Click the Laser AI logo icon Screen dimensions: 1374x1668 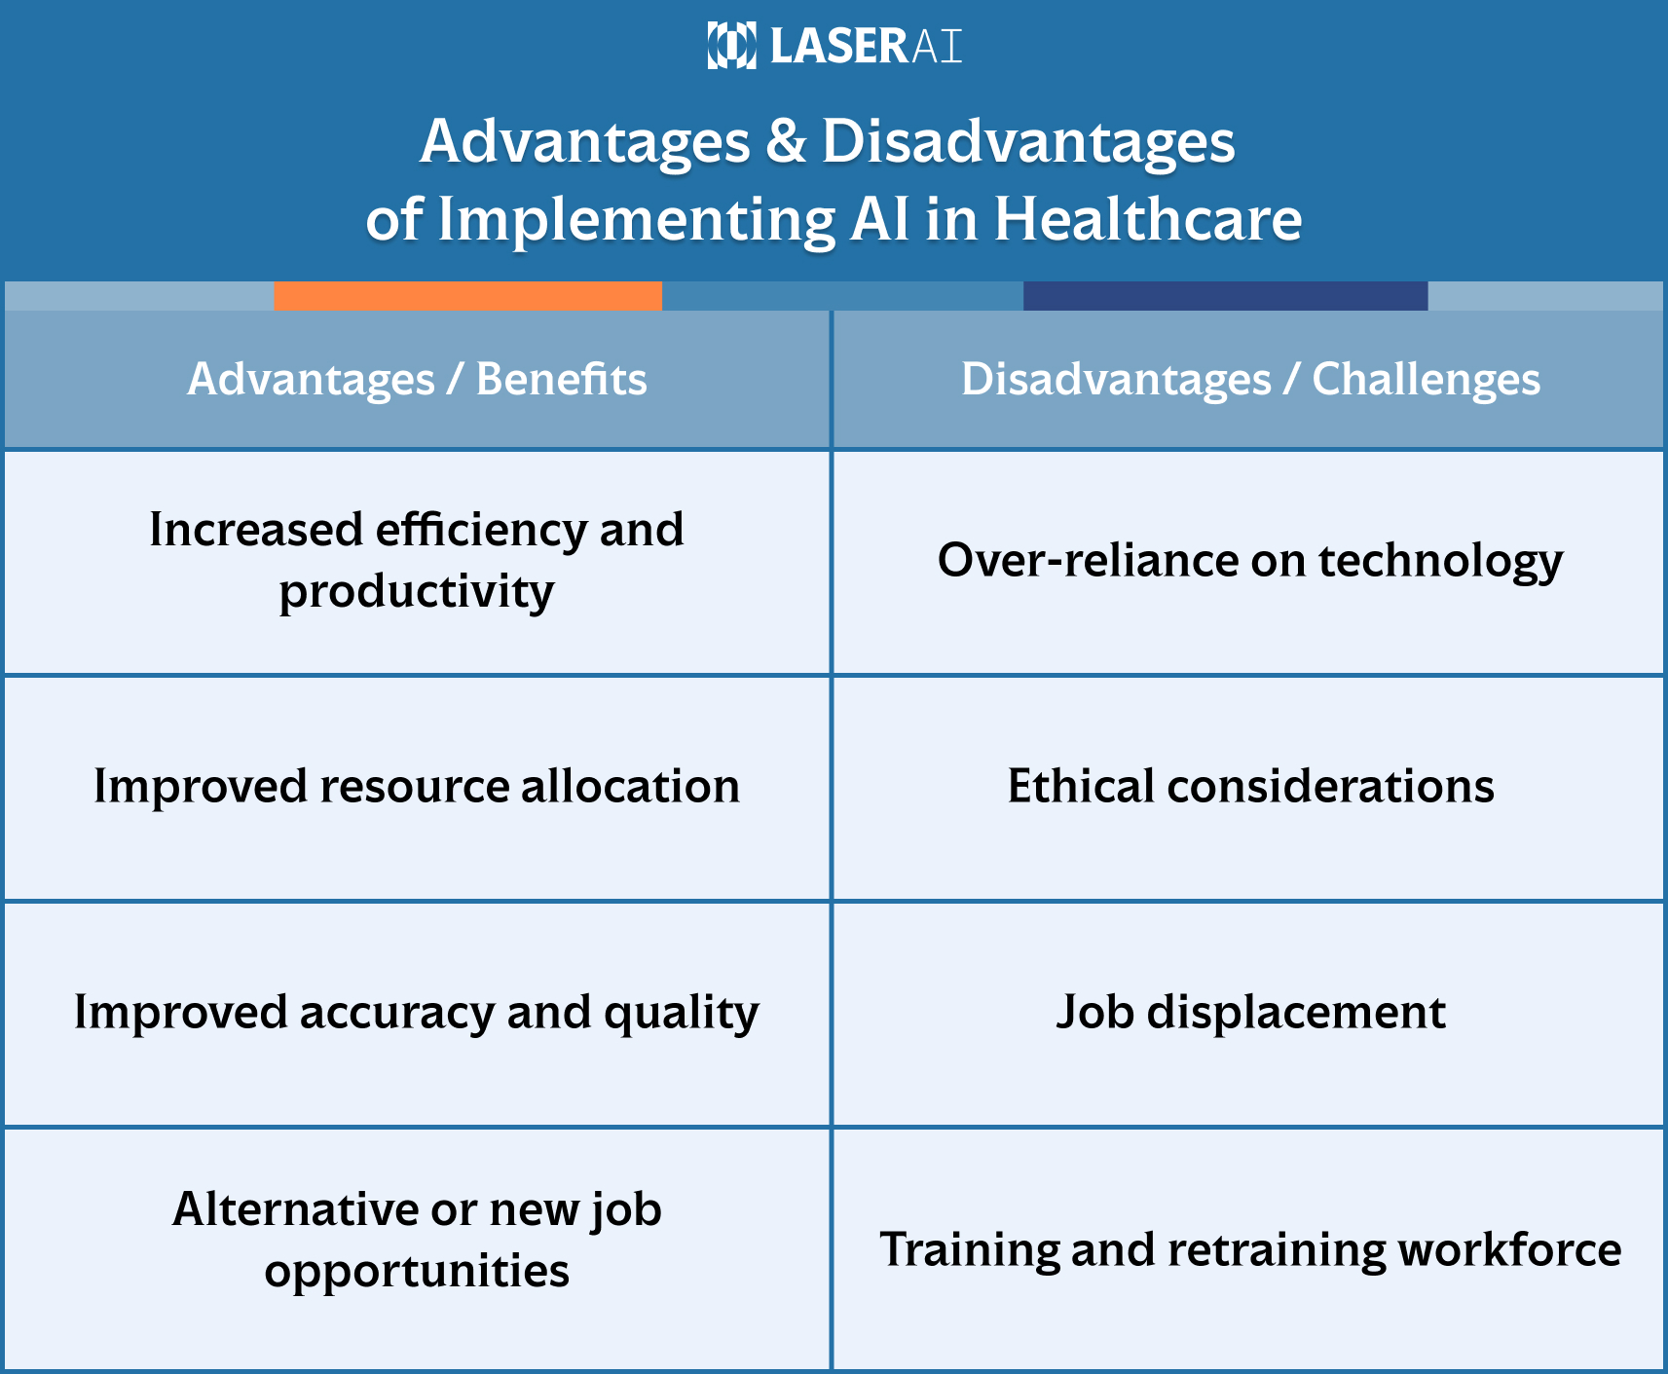[731, 46]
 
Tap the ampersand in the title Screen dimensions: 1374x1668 [786, 141]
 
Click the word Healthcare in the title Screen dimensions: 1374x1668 [1147, 219]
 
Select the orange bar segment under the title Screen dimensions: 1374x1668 [467, 296]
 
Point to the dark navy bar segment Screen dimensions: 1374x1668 [1225, 296]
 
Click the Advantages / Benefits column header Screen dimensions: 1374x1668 [417, 379]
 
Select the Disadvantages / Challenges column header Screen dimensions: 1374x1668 [1250, 379]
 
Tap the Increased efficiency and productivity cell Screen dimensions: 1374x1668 [417, 560]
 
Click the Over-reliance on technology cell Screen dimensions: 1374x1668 [1250, 560]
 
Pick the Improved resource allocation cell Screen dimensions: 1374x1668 [417, 786]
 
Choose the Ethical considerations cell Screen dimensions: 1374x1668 [1250, 786]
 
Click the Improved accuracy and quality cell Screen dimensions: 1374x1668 [417, 1012]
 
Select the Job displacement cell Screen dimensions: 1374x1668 [1250, 1012]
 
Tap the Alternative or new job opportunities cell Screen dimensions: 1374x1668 [417, 1240]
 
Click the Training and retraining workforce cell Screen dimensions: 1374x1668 [1250, 1249]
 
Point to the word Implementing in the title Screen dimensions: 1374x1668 [636, 219]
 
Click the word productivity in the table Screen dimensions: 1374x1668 [417, 591]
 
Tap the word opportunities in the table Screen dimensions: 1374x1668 [417, 1271]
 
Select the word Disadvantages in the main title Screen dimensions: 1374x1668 [1028, 141]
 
